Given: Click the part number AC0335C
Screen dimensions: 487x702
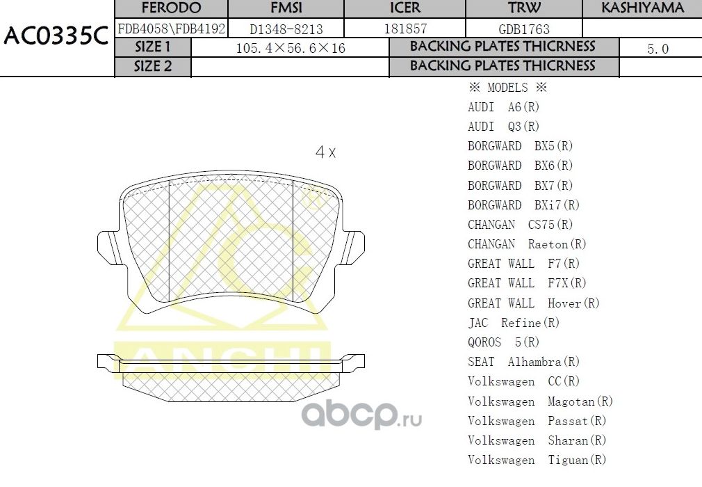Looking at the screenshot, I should (56, 36).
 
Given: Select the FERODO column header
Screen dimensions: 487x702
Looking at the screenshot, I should (171, 8).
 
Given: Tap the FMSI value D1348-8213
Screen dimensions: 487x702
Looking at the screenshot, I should (286, 29).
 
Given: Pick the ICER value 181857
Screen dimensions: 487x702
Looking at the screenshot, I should (405, 29).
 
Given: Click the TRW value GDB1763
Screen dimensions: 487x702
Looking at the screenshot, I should (524, 29).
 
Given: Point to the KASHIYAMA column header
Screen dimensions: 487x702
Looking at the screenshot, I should (642, 8).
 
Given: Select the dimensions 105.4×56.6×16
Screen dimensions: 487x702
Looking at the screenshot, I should (291, 49).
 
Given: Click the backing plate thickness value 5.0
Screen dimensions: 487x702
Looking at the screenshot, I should (658, 49).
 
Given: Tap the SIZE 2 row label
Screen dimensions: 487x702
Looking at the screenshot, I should (152, 66).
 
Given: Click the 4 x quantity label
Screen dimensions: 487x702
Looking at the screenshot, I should (325, 152).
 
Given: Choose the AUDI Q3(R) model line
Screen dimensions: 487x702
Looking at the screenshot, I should (503, 127).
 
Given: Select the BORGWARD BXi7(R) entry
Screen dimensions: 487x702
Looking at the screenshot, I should (523, 205).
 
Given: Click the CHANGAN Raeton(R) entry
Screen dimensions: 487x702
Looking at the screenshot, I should (527, 244).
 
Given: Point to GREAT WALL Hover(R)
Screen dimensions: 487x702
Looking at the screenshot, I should (533, 303).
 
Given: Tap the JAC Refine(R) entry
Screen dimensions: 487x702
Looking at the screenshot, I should (514, 323).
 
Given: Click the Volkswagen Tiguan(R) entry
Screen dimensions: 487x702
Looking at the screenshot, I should (537, 460).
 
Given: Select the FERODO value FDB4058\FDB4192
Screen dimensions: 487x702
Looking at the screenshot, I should (171, 29).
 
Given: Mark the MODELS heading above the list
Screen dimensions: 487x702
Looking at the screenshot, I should (507, 88).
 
